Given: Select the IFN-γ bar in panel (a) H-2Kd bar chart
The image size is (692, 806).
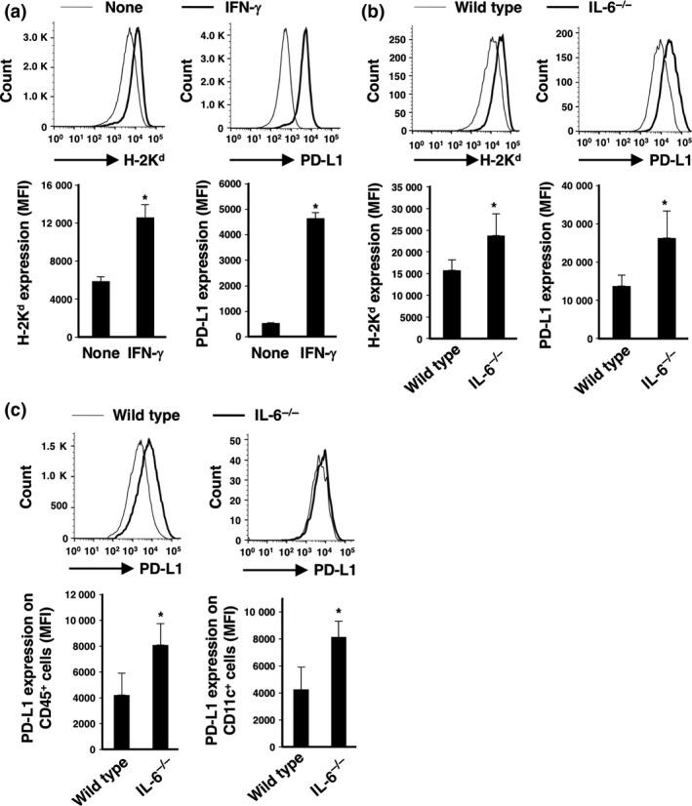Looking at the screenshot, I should pos(143,276).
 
